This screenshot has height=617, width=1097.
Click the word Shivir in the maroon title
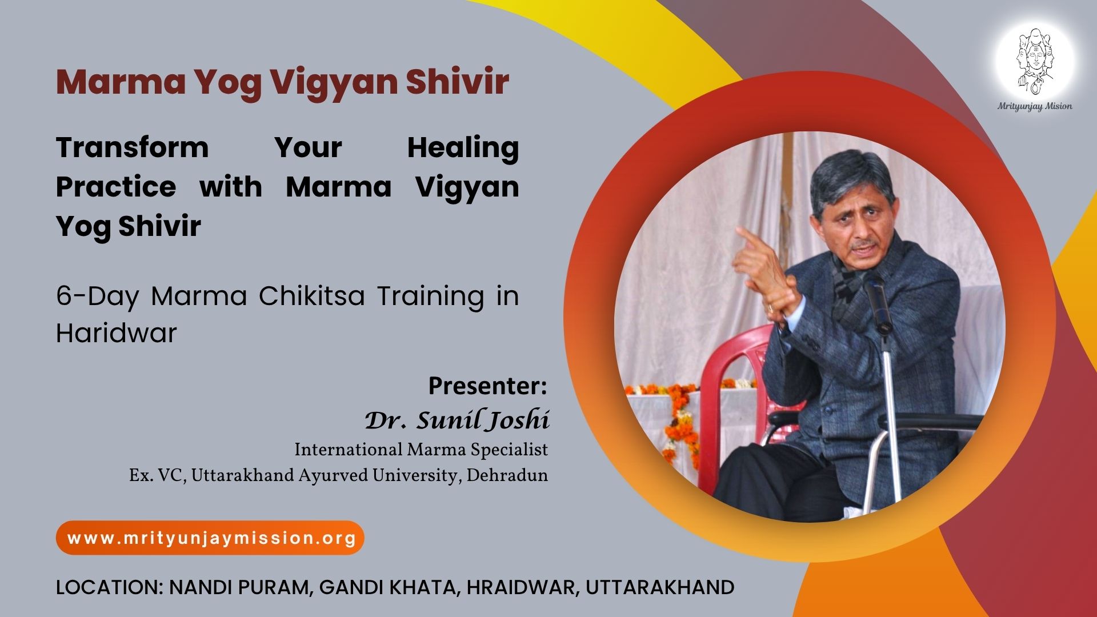[457, 81]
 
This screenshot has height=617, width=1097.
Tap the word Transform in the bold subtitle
[133, 147]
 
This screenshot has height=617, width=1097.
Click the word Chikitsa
[311, 296]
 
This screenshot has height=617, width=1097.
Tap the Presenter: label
[488, 386]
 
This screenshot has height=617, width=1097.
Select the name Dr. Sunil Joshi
[457, 420]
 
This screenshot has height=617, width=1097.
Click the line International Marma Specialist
[421, 450]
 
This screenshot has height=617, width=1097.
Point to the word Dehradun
[507, 475]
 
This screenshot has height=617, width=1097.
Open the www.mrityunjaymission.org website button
[210, 538]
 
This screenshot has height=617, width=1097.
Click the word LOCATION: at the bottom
[109, 587]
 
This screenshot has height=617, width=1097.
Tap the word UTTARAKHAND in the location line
[660, 587]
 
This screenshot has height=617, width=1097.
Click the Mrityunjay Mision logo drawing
[1035, 62]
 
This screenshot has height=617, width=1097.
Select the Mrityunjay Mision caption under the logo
[1035, 106]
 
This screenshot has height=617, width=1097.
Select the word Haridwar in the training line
[117, 332]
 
